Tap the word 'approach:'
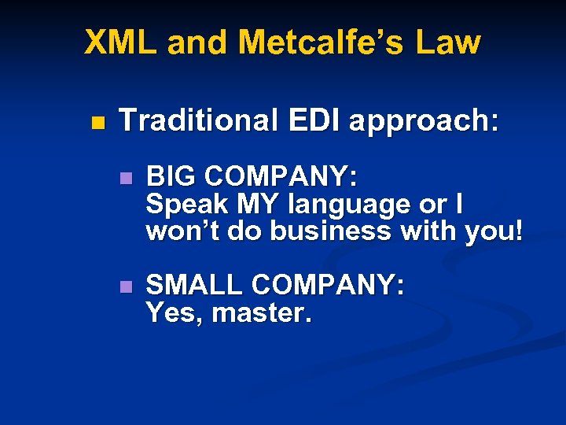pos(423,122)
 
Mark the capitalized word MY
pos(259,205)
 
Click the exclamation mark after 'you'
pos(517,231)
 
